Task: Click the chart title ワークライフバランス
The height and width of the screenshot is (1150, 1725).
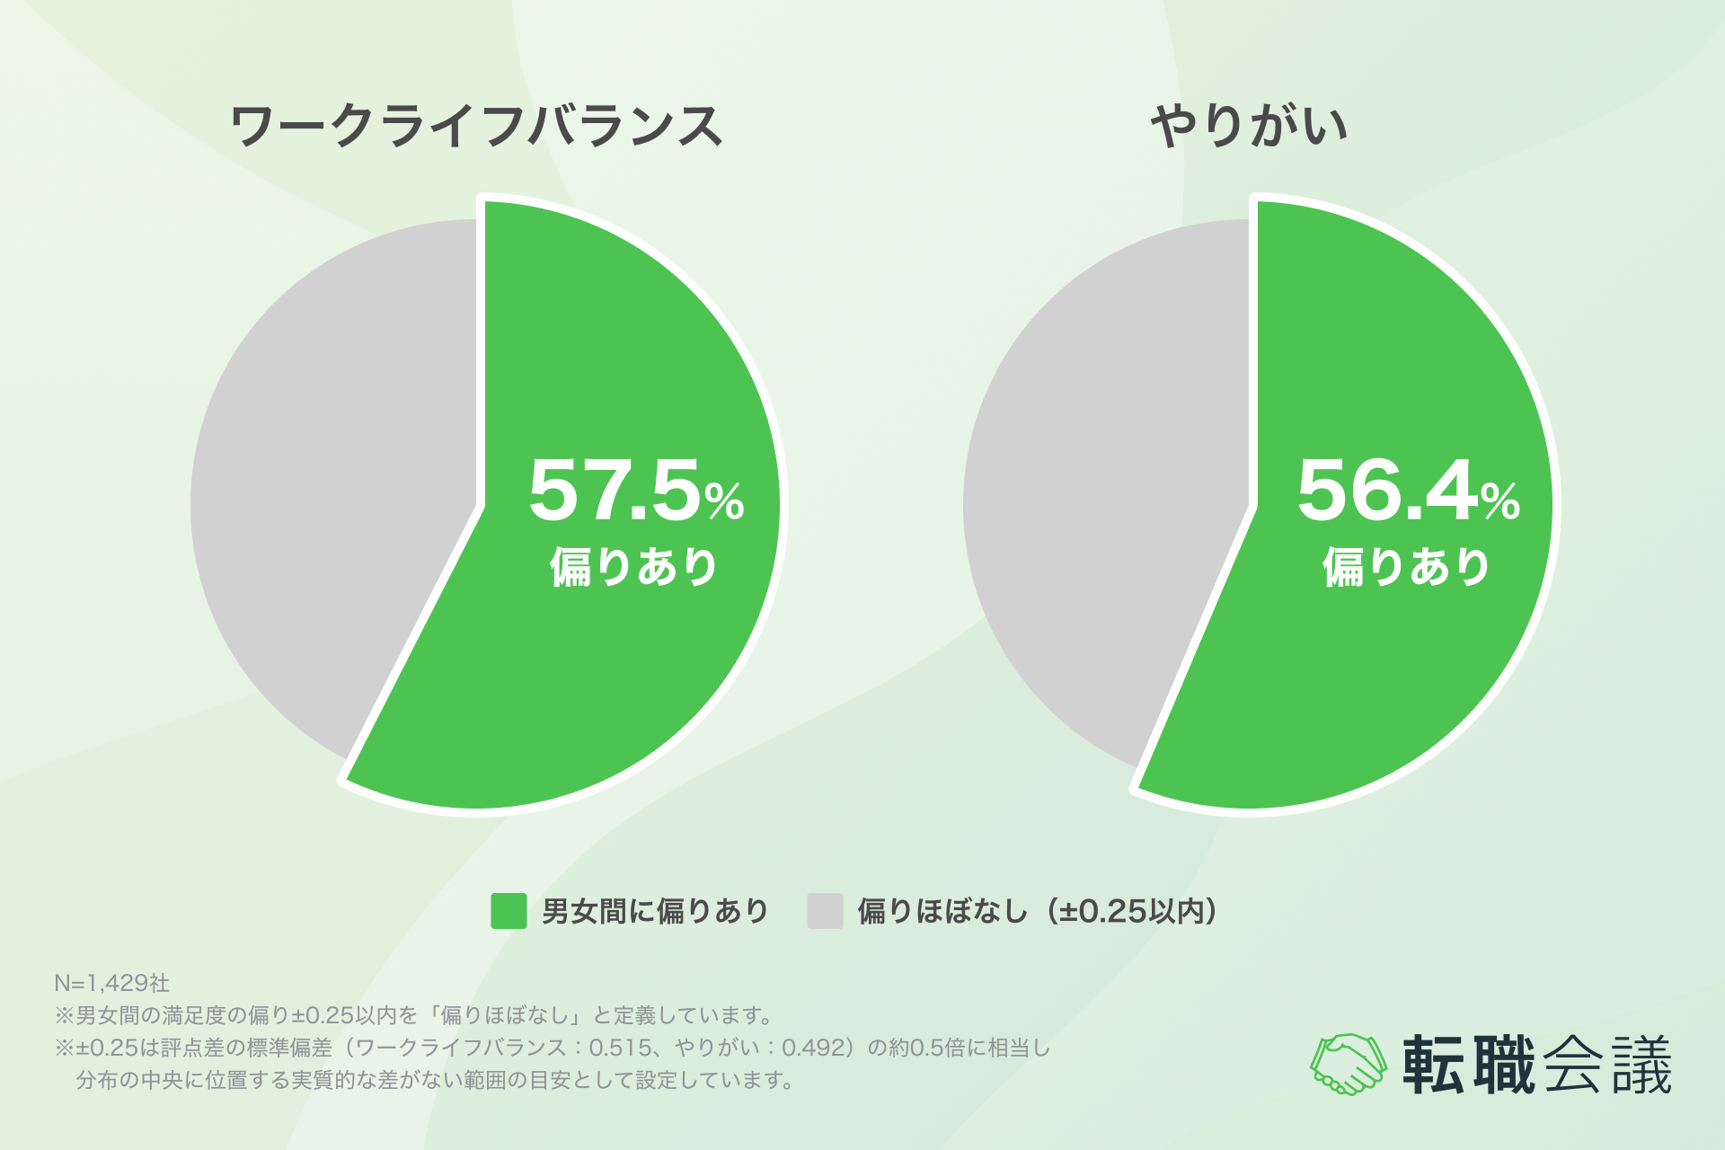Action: click(476, 126)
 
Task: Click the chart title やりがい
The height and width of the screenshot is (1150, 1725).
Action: click(1249, 126)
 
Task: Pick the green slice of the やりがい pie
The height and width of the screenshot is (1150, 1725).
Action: click(1384, 683)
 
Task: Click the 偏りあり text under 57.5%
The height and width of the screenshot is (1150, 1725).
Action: click(634, 567)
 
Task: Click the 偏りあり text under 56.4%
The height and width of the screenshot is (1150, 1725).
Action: click(1406, 567)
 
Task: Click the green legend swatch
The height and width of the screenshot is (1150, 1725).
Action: click(509, 911)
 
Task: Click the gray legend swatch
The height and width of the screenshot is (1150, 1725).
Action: click(825, 911)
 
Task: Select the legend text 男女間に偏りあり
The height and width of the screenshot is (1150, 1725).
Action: click(655, 911)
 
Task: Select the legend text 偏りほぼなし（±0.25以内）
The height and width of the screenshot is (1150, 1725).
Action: click(1038, 911)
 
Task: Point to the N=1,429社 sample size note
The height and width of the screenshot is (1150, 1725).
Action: click(111, 983)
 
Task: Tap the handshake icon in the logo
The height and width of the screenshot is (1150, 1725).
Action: click(1348, 1064)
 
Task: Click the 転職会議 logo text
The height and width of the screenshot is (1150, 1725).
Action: click(1536, 1065)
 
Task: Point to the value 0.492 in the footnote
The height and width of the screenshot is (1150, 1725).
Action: click(814, 1048)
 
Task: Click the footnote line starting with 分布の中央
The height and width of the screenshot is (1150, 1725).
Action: click(435, 1080)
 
